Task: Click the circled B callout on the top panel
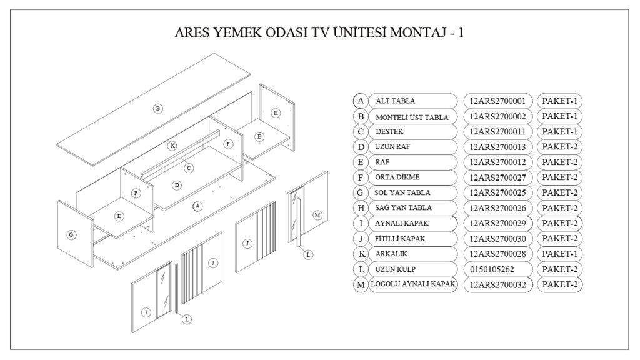158,108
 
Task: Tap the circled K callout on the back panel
172,146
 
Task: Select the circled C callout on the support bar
189,167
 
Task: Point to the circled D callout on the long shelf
177,185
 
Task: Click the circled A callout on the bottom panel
197,206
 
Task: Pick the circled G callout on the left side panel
71,235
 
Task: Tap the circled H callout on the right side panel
276,112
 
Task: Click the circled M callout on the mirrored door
317,215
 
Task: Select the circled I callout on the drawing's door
146,312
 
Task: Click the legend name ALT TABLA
395,101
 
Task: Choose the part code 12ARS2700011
498,132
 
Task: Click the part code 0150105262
494,269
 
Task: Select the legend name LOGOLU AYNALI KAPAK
413,285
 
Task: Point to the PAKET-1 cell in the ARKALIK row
560,254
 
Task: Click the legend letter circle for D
361,147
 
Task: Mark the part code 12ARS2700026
498,208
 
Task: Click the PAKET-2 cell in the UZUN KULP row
560,269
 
